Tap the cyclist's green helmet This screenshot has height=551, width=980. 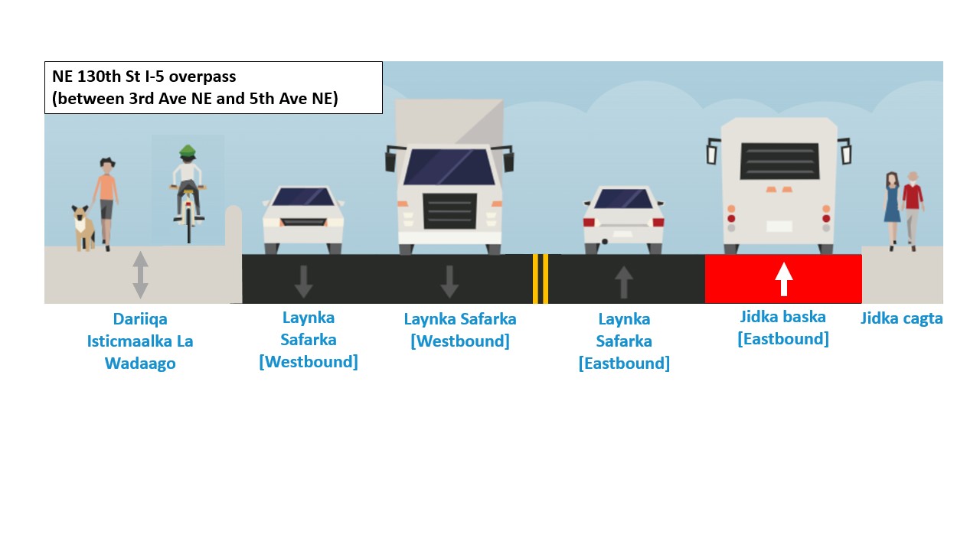[188, 151]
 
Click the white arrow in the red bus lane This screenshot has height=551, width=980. [783, 279]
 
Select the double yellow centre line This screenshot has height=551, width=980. [541, 279]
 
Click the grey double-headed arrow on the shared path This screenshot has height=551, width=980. [140, 275]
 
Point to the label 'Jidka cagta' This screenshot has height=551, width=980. [901, 318]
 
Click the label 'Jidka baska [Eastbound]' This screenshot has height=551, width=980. [783, 328]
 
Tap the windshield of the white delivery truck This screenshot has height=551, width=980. [449, 167]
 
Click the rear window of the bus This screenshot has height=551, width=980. [779, 161]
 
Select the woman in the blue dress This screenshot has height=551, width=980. [892, 207]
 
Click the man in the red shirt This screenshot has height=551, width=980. [912, 207]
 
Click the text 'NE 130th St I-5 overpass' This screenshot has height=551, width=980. [144, 77]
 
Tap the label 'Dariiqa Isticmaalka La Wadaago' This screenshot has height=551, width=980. [140, 341]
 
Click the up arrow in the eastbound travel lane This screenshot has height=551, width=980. [624, 282]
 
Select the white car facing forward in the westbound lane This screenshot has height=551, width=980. [303, 218]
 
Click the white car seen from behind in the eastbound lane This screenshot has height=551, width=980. [623, 220]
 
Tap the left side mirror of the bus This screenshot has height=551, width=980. [713, 151]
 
